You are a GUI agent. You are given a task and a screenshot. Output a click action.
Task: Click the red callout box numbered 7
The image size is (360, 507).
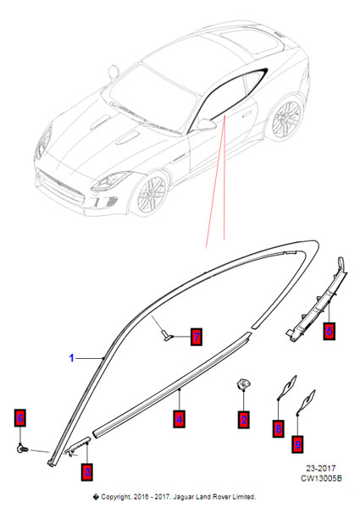197,337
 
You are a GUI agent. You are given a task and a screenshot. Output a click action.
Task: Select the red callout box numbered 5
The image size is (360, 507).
330,331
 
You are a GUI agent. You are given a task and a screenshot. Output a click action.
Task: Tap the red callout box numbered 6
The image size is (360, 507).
20,418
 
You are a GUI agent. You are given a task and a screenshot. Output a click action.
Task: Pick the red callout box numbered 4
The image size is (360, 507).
180,419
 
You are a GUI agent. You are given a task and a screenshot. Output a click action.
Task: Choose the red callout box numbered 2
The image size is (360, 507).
244,420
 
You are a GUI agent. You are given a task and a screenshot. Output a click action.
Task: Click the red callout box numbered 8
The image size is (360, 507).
279,429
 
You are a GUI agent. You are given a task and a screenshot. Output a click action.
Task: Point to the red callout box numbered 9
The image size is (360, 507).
297,444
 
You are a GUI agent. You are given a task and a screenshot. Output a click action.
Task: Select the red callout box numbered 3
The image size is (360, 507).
87,472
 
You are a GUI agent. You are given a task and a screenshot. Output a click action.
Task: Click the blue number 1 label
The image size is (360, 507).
72,358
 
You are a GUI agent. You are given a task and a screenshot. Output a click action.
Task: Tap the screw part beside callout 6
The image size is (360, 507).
22,449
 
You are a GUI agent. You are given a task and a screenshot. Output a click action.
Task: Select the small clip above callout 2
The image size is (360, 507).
243,383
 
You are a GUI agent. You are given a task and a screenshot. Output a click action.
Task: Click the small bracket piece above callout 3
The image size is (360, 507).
78,445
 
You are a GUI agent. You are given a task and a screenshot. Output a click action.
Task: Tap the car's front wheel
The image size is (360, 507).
152,194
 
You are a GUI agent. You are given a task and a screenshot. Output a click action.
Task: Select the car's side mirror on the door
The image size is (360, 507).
207,124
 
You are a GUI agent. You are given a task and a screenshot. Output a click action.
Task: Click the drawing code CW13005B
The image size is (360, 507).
321,478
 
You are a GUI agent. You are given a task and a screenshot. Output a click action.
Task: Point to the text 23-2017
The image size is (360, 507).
321,468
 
